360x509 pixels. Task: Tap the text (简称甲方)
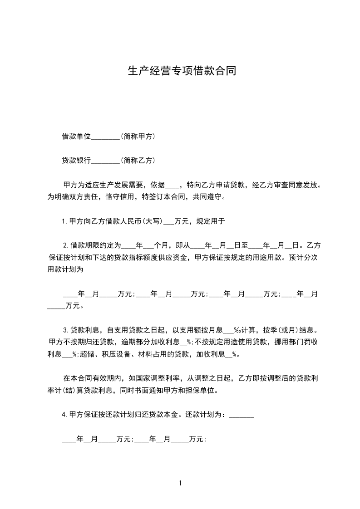point(138,136)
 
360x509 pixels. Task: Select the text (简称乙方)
point(138,160)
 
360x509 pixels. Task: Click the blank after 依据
point(173,186)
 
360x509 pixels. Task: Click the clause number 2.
point(65,246)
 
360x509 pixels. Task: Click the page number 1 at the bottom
point(180,484)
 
